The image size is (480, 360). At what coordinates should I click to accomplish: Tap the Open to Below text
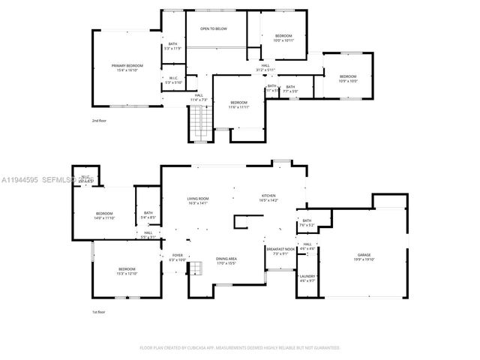[214, 28]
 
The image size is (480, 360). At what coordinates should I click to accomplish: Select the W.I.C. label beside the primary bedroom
[172, 79]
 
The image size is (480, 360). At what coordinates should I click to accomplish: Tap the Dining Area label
[226, 260]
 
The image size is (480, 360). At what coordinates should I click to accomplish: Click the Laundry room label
[307, 278]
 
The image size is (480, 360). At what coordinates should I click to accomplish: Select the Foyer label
[178, 257]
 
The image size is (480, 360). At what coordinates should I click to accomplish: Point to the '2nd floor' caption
[100, 120]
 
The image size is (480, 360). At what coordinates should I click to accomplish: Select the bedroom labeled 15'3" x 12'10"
[127, 271]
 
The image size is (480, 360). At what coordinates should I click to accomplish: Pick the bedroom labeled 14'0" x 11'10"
[104, 215]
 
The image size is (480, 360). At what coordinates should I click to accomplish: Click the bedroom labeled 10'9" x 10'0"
[348, 78]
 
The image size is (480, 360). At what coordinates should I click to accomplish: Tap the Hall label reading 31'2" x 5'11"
[265, 67]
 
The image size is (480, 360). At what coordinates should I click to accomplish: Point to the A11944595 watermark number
[21, 180]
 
